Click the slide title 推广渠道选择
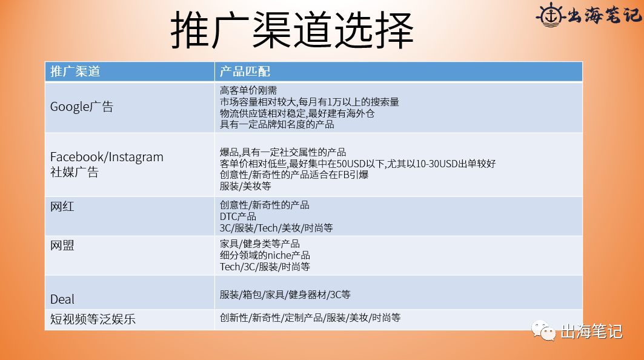[x=293, y=30]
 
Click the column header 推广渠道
[x=75, y=71]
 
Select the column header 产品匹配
[x=245, y=71]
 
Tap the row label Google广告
[x=81, y=107]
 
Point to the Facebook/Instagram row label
[x=107, y=157]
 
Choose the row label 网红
[x=62, y=207]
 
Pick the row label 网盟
[x=62, y=245]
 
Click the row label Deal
[x=62, y=299]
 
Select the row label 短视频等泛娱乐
[x=93, y=319]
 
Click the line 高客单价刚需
[x=248, y=90]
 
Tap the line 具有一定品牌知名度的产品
[x=277, y=124]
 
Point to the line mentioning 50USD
[x=357, y=164]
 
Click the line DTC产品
[x=238, y=216]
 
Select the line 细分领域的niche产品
[x=265, y=255]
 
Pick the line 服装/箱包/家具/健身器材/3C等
[x=285, y=295]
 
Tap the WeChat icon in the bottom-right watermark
[x=543, y=331]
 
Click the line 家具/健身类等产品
[x=259, y=244]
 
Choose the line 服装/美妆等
[x=245, y=186]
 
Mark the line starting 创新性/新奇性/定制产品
[x=310, y=318]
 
